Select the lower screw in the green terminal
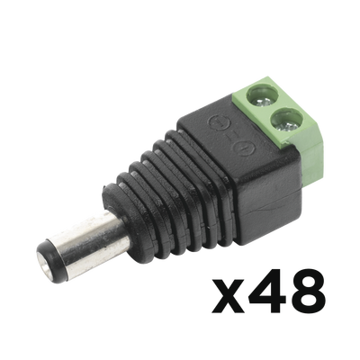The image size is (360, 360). pos(287,123)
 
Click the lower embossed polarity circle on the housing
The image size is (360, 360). pos(244,148)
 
